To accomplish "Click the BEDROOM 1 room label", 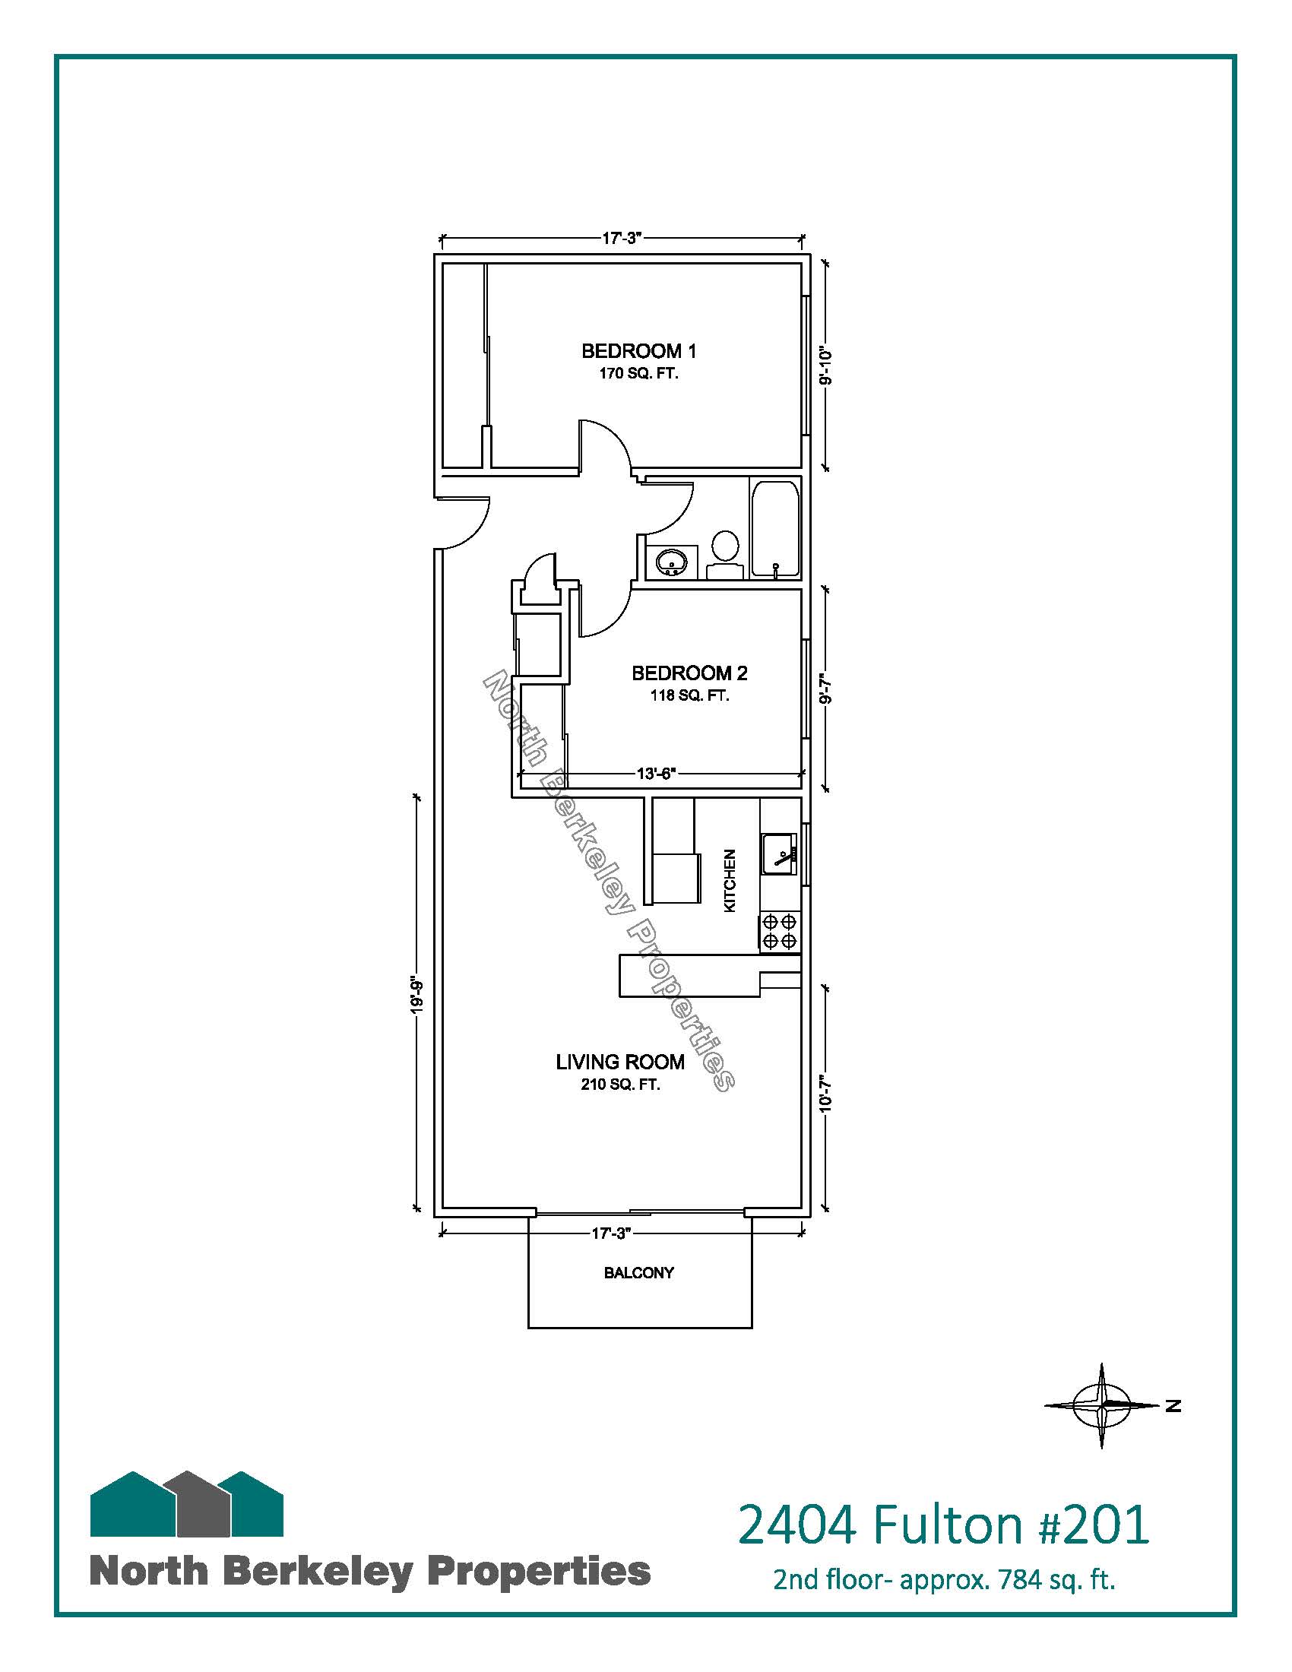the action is pyautogui.click(x=638, y=351).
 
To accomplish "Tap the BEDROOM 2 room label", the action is pyautogui.click(x=689, y=673).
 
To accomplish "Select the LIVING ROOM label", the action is pyautogui.click(x=620, y=1062).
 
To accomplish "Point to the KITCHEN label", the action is pyautogui.click(x=730, y=880).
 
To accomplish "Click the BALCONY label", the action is pyautogui.click(x=639, y=1273).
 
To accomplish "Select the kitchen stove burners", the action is pyautogui.click(x=780, y=933).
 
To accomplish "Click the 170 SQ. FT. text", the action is pyautogui.click(x=638, y=375).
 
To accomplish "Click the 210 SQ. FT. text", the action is pyautogui.click(x=620, y=1085).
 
